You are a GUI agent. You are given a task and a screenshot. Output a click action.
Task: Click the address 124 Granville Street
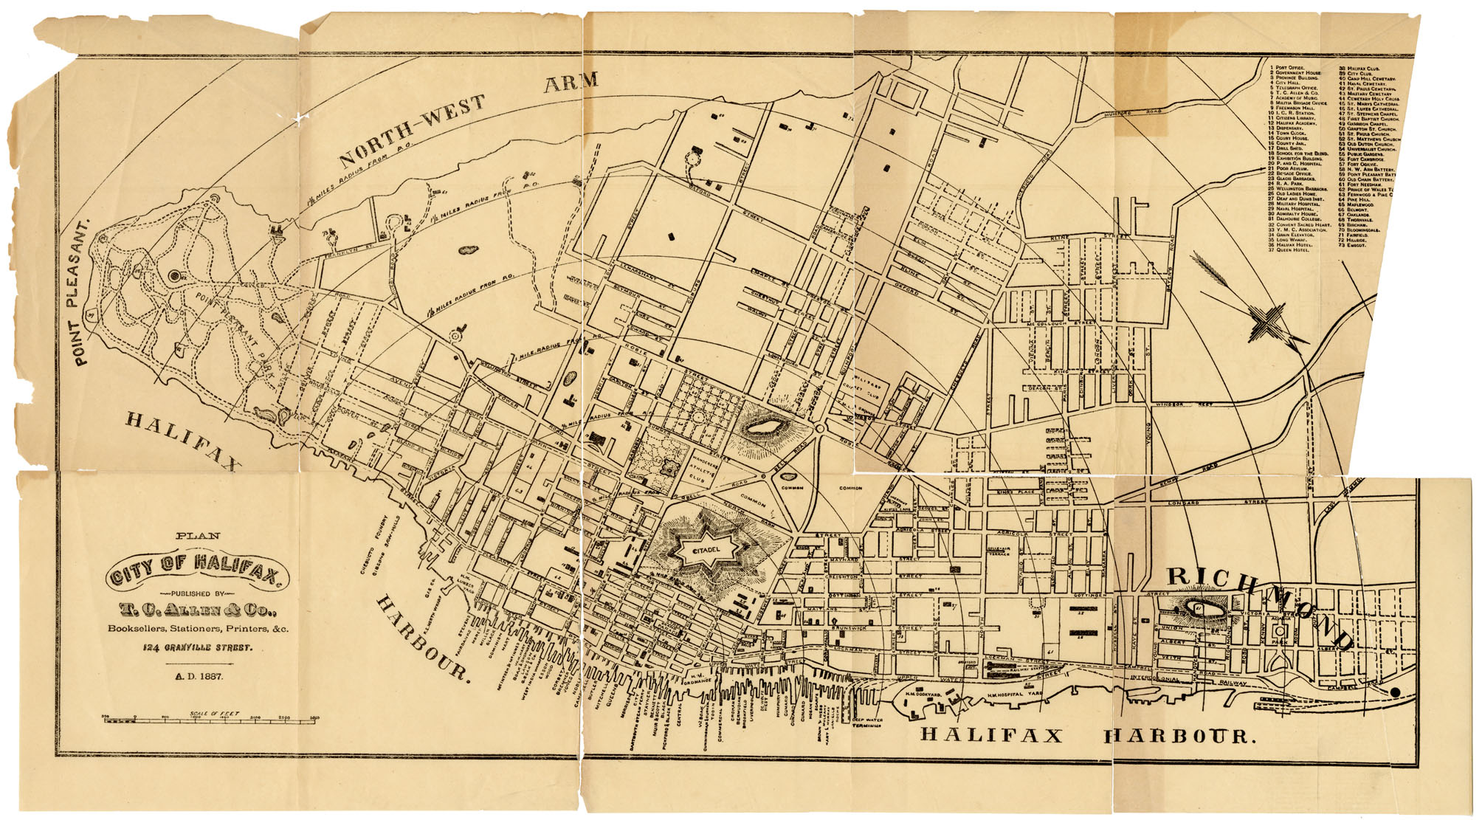[x=198, y=648]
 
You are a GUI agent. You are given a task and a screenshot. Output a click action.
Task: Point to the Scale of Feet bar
[x=210, y=718]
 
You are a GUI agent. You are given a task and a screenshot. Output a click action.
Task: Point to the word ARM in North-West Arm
[x=571, y=83]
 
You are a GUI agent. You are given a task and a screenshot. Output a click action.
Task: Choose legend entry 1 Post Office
[x=1288, y=68]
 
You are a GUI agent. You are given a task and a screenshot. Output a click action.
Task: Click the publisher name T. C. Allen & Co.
[x=198, y=610]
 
